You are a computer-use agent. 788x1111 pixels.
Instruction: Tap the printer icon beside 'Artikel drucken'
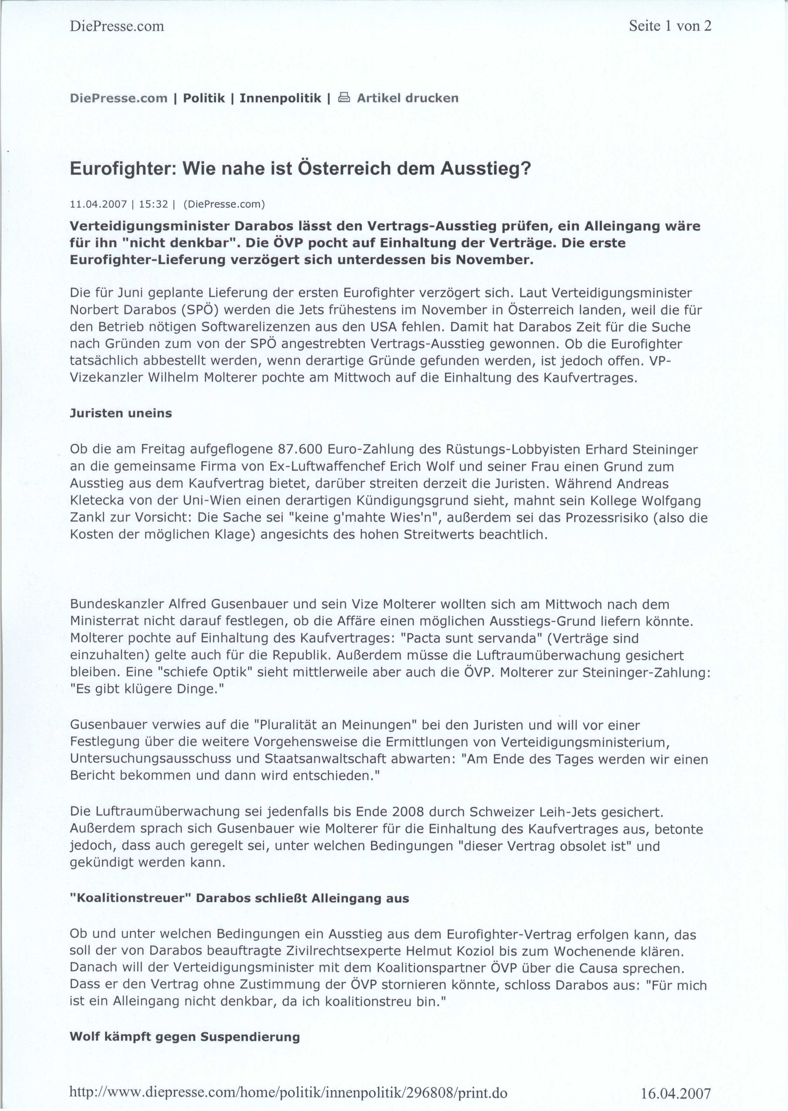(x=343, y=99)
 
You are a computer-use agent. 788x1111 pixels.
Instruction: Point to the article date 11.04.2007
(x=98, y=204)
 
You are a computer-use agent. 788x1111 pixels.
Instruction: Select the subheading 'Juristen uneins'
(x=121, y=413)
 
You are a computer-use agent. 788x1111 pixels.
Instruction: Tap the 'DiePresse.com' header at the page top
(x=117, y=26)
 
